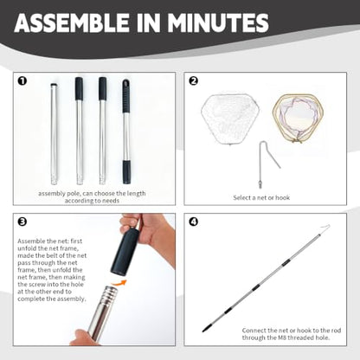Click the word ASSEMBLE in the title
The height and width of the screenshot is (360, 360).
[x=71, y=22]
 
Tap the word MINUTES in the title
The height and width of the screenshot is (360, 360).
[x=218, y=22]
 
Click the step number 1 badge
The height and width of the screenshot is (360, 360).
[x=22, y=81]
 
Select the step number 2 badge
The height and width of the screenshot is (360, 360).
[x=193, y=81]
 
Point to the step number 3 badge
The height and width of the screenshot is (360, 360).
[x=22, y=222]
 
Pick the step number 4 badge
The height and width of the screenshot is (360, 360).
[x=193, y=222]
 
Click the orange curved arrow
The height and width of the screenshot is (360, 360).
[x=119, y=283]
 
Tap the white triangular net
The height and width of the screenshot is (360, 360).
[x=230, y=119]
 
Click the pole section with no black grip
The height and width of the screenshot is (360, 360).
[x=54, y=134]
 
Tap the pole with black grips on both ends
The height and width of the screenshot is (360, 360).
[x=125, y=132]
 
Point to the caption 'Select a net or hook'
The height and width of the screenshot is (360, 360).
[x=261, y=198]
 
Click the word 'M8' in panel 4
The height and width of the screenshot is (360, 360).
[x=281, y=337]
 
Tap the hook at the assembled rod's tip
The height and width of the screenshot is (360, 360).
[x=325, y=228]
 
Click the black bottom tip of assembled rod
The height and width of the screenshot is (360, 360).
[x=206, y=329]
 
